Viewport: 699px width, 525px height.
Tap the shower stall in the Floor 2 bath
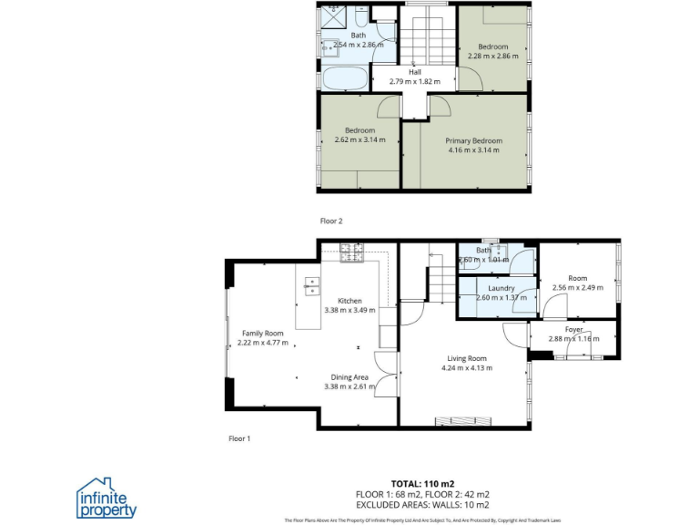click(334, 16)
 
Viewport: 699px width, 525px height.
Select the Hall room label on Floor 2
click(415, 72)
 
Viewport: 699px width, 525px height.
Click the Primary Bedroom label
click(473, 140)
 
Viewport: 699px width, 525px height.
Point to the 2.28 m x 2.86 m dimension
click(493, 56)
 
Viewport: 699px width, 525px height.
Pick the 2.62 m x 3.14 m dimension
click(360, 139)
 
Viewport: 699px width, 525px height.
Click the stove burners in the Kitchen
click(352, 252)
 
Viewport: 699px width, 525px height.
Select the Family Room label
click(263, 334)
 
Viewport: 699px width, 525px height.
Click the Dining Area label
click(349, 376)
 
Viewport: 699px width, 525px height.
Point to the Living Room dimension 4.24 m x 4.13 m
click(466, 368)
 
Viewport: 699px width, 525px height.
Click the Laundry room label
click(501, 288)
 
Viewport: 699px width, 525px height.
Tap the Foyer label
click(573, 329)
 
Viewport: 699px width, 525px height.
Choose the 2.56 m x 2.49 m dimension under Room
click(577, 288)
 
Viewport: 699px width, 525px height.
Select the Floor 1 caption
click(239, 438)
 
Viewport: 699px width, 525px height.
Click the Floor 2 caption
click(331, 221)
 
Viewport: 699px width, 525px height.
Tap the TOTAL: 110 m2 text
click(422, 483)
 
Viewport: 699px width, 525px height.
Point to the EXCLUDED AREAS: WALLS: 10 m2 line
click(422, 504)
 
